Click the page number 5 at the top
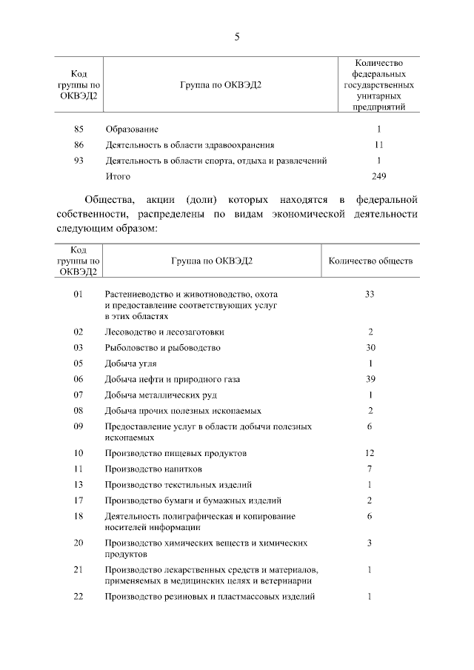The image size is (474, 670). pyautogui.click(x=236, y=36)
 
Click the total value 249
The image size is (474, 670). pyautogui.click(x=378, y=176)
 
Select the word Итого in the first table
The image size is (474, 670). pyautogui.click(x=118, y=176)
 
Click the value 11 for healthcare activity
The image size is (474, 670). pyautogui.click(x=378, y=145)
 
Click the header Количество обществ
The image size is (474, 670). pyautogui.click(x=370, y=261)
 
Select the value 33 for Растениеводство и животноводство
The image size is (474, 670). pyautogui.click(x=370, y=294)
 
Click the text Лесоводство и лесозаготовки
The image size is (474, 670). pyautogui.click(x=164, y=332)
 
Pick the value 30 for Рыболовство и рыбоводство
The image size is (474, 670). pyautogui.click(x=370, y=348)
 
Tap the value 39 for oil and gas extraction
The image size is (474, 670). pyautogui.click(x=370, y=379)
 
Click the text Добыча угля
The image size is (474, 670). pyautogui.click(x=131, y=364)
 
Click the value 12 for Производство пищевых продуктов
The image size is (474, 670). pyautogui.click(x=370, y=452)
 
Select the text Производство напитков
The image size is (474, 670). pyautogui.click(x=153, y=469)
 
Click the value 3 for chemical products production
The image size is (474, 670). pyautogui.click(x=370, y=543)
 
